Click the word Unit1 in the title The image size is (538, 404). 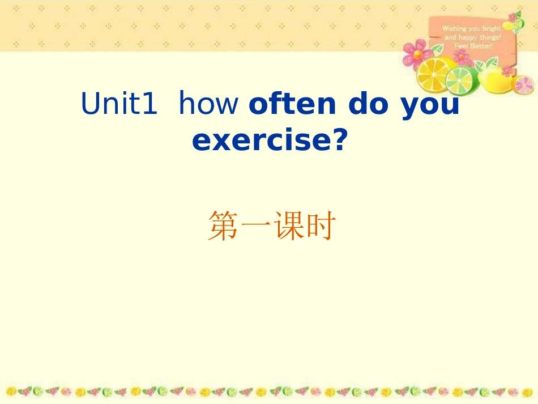119,104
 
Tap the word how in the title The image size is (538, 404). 208,104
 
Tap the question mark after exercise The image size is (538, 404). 339,140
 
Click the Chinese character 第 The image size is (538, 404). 222,227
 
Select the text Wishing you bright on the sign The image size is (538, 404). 471,28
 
